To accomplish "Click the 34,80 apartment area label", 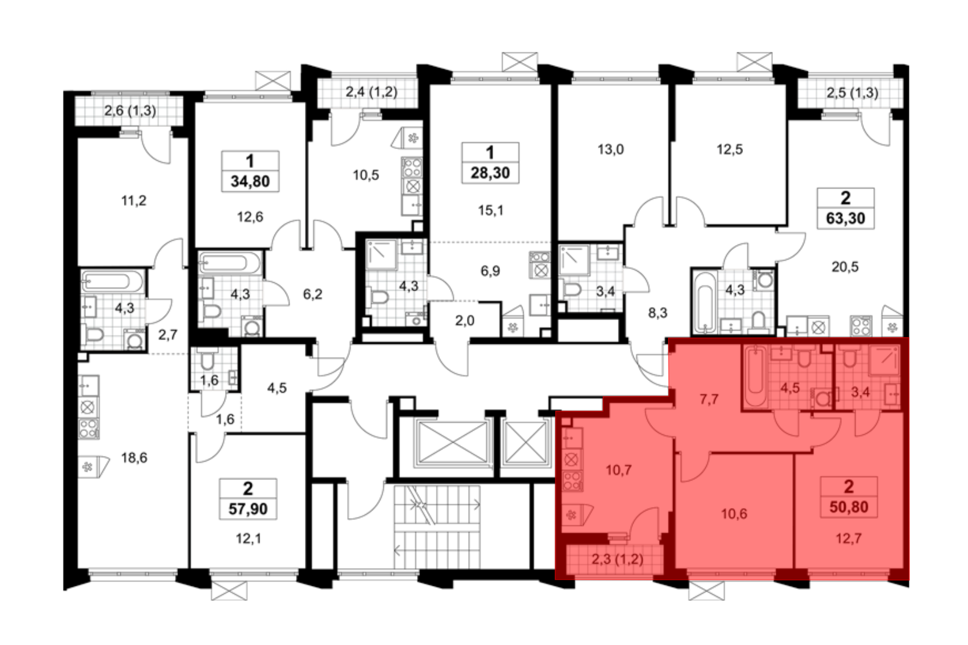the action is [x=250, y=182].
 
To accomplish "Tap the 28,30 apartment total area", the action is [x=490, y=173].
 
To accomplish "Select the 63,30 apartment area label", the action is [x=846, y=218].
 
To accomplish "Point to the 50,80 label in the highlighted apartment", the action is [x=849, y=507].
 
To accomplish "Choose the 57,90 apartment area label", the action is [x=248, y=509].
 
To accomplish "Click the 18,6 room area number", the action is [x=134, y=458].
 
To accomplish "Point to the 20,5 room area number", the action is [x=845, y=267].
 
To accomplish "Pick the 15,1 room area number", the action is [x=491, y=210].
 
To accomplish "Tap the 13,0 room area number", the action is [x=610, y=150].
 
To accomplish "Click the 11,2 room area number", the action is [x=134, y=200].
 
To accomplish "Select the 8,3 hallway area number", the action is [x=658, y=313].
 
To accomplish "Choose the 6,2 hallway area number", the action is [x=313, y=294].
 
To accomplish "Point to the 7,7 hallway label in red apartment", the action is [x=709, y=399].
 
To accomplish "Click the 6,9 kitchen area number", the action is [x=490, y=271].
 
